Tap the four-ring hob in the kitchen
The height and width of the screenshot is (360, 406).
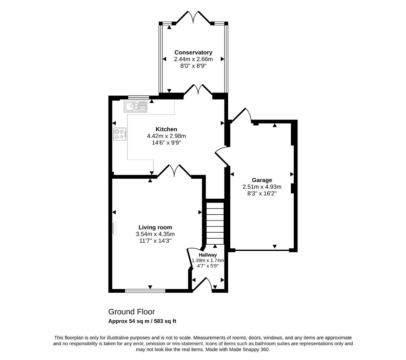(x=120, y=134)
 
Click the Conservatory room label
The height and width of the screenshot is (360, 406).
(x=193, y=53)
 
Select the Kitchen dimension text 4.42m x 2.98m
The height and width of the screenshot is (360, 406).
(x=166, y=136)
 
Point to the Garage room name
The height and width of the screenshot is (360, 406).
(x=262, y=180)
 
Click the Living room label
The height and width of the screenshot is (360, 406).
(x=155, y=227)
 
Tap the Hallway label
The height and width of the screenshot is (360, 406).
(x=208, y=255)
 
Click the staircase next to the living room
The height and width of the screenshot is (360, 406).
(x=215, y=223)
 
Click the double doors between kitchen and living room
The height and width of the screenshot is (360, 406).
(x=174, y=171)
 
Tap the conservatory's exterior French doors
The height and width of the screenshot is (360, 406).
(x=193, y=17)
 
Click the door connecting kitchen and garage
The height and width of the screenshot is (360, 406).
(x=222, y=156)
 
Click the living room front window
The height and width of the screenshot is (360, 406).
(x=145, y=291)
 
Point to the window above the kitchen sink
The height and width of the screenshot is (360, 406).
(x=139, y=98)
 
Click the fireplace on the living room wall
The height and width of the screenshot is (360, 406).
(x=114, y=228)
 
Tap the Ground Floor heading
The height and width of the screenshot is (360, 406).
(x=131, y=312)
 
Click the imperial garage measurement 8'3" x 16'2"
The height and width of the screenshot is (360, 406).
(x=262, y=193)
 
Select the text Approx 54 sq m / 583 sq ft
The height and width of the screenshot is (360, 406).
(x=142, y=321)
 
